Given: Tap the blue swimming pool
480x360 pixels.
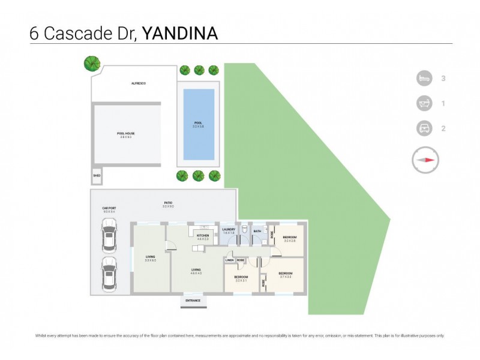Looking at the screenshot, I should coord(199,124).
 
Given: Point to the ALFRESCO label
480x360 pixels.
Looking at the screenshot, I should coord(139,83).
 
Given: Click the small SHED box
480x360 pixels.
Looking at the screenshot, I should coord(97,177).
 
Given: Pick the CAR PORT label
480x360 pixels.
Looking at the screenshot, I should coord(109,208).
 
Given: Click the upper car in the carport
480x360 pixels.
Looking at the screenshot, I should coord(109,236).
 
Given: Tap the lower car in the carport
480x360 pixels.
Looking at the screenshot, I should coord(109,273).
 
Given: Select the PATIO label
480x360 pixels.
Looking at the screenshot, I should coord(169,203).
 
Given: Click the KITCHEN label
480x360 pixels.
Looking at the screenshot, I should coord(203,236).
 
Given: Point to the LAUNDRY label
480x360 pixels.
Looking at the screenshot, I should coord(228,230).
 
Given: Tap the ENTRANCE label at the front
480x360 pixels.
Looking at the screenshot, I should coord(193,301).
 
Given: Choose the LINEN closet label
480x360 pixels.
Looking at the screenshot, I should coord(229,260).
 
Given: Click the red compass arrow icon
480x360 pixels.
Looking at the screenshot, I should coord(426,160).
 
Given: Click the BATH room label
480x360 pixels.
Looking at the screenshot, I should coord(257,230).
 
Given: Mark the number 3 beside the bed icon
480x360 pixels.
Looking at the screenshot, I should coord(443,78).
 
